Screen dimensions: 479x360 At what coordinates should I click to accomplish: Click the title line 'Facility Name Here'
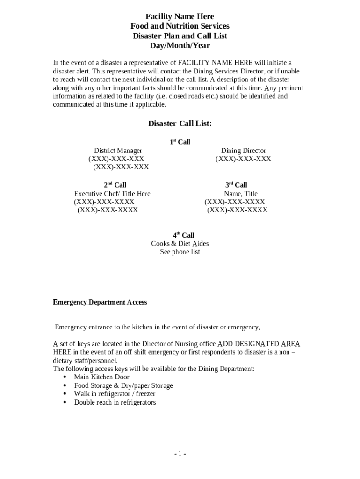point(180,17)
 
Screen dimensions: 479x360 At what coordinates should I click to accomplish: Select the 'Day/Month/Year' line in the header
point(180,46)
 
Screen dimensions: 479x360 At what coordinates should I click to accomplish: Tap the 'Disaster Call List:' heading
point(180,123)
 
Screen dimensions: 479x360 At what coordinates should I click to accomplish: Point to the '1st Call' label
point(180,142)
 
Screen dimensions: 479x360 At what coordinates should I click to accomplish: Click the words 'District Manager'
point(118,151)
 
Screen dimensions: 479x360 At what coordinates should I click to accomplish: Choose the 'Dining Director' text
point(243,151)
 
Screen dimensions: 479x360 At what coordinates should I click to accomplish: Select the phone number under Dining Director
point(243,159)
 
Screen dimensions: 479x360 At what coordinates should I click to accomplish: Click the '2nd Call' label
point(115,185)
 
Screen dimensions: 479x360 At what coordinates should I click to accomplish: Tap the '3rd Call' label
point(236,185)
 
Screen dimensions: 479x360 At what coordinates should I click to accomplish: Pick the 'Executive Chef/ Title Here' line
point(112,194)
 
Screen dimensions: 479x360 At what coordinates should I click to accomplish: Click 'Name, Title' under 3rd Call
point(241,194)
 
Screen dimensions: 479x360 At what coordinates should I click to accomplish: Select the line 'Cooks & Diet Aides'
point(180,244)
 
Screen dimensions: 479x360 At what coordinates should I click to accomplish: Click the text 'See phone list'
point(180,252)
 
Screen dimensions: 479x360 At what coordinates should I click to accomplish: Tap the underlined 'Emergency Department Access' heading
point(100,302)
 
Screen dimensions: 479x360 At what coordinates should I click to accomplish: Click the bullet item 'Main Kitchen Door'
point(101,377)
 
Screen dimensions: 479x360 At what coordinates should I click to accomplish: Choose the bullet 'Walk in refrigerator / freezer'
point(115,394)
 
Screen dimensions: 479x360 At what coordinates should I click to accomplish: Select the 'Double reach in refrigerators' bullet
point(115,402)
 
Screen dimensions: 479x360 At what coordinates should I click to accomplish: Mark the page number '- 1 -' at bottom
point(180,454)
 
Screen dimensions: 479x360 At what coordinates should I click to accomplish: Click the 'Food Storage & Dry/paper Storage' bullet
point(123,385)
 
